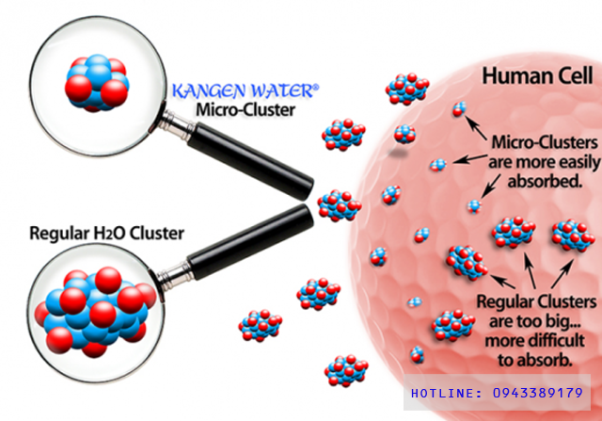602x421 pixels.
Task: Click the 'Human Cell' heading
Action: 537,75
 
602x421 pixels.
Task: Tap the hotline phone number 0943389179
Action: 538,393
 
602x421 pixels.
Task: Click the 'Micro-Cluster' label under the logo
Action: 246,109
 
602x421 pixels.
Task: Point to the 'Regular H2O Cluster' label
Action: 106,234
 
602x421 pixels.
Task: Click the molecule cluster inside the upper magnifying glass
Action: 96,83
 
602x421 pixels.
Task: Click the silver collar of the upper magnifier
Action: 178,124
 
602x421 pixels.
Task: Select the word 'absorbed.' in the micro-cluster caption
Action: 546,181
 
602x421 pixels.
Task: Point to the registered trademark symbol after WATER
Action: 316,88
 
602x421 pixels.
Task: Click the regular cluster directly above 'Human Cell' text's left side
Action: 407,89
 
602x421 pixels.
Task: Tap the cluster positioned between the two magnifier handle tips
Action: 339,205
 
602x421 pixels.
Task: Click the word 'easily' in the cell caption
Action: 577,162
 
